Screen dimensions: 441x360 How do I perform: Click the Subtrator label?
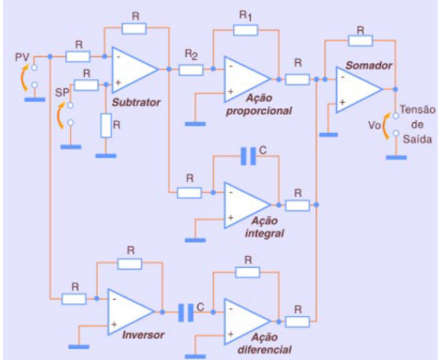(x=136, y=102)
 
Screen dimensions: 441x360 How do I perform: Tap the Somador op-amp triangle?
(x=358, y=89)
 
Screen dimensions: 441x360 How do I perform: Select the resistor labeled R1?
(x=246, y=30)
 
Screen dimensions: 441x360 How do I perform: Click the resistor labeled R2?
(x=190, y=69)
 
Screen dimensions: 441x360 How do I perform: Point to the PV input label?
(x=22, y=57)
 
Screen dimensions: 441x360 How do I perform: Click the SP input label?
(x=62, y=92)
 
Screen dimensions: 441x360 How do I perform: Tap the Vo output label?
(x=374, y=125)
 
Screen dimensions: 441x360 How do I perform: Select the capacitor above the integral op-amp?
(x=248, y=156)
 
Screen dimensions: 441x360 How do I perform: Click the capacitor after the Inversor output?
(x=186, y=313)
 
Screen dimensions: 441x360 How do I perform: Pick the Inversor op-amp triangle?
(x=130, y=312)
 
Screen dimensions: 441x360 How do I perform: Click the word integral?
(x=264, y=233)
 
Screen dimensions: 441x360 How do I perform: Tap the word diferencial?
(x=264, y=350)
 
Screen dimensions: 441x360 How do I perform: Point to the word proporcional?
(x=259, y=111)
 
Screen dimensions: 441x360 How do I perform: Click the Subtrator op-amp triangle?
(x=135, y=69)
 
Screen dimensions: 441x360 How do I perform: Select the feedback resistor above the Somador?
(x=360, y=40)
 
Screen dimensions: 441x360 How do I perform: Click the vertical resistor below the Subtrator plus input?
(x=106, y=126)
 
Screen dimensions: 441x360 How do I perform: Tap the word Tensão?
(x=417, y=109)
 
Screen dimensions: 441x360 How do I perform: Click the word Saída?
(x=417, y=139)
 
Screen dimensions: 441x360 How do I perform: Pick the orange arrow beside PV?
(x=24, y=77)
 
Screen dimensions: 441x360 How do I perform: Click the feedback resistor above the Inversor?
(x=129, y=263)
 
